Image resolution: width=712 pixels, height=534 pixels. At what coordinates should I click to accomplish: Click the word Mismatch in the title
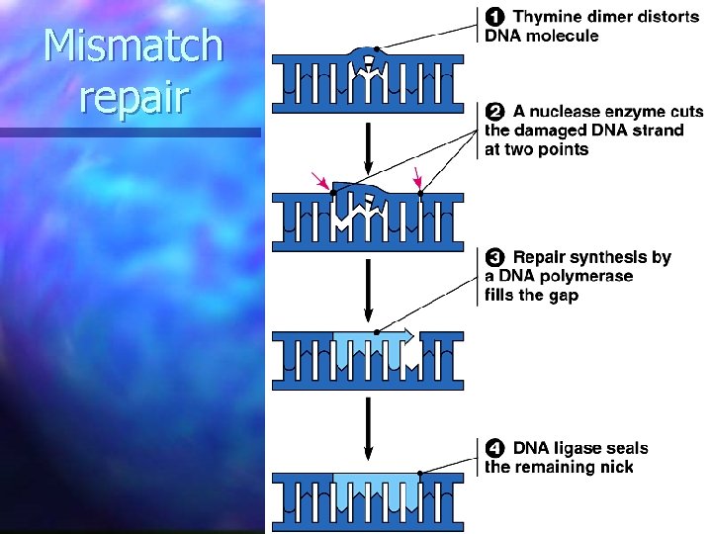point(134,46)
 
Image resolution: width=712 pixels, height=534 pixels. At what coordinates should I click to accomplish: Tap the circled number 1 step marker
point(494,17)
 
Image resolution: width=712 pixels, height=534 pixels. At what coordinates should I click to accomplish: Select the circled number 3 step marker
point(494,257)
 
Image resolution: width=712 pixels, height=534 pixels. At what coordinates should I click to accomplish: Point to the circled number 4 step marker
point(494,448)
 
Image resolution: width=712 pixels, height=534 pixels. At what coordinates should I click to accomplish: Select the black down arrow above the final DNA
point(369,427)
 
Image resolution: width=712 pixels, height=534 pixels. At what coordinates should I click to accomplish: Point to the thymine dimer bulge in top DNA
point(369,56)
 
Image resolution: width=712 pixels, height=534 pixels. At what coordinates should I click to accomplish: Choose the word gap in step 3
point(563,295)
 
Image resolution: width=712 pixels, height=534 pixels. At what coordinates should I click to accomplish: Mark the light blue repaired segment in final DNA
point(369,494)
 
